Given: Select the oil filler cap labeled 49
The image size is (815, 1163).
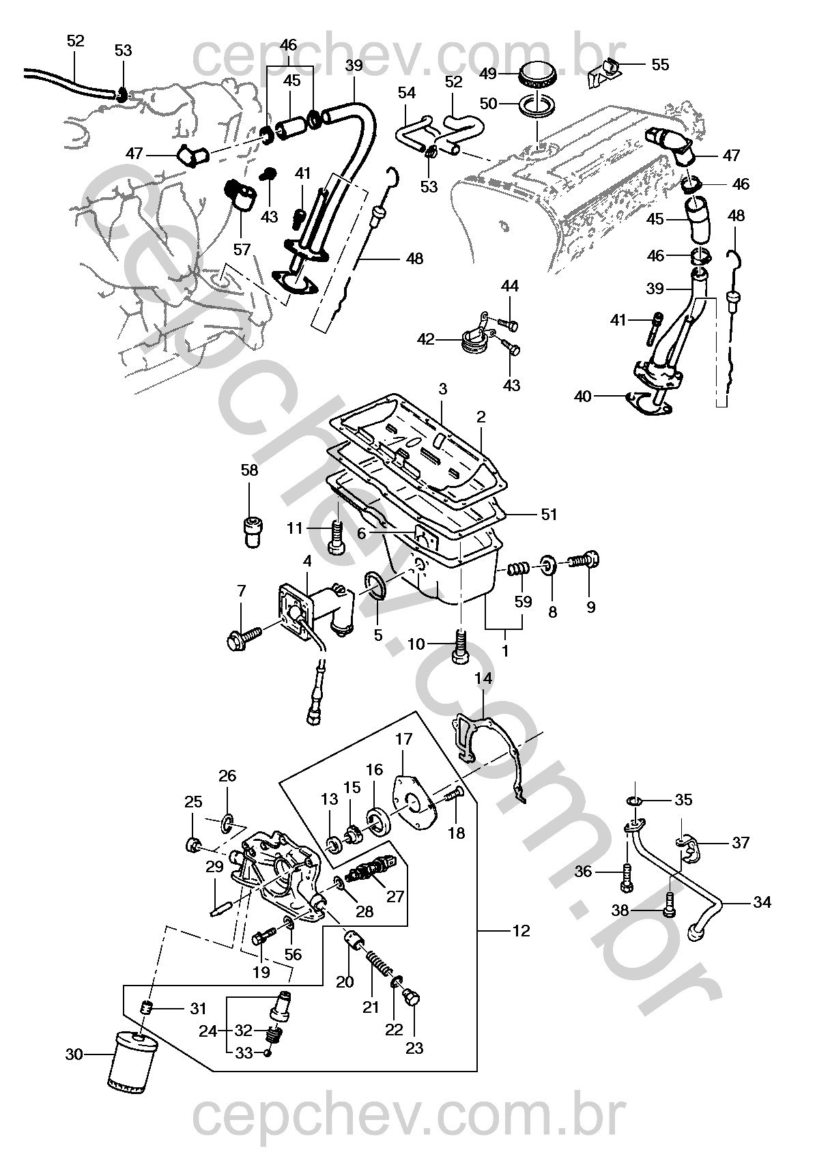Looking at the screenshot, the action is tap(539, 74).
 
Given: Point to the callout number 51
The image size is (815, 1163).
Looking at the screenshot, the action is tap(549, 515).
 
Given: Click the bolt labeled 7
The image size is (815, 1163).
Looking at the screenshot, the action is tap(244, 637).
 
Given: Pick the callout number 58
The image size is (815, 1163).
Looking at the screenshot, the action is tap(249, 470).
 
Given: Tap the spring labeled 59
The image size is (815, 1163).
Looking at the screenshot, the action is tap(517, 570).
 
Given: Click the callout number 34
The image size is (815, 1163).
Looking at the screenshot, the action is tap(762, 902).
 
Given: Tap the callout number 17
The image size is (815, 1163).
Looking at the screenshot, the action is tap(403, 738).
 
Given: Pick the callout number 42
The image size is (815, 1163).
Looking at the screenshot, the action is tap(426, 340).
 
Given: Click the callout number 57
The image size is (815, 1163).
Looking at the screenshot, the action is tap(242, 250).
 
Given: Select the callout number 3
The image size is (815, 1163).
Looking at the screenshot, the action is tap(442, 389).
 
